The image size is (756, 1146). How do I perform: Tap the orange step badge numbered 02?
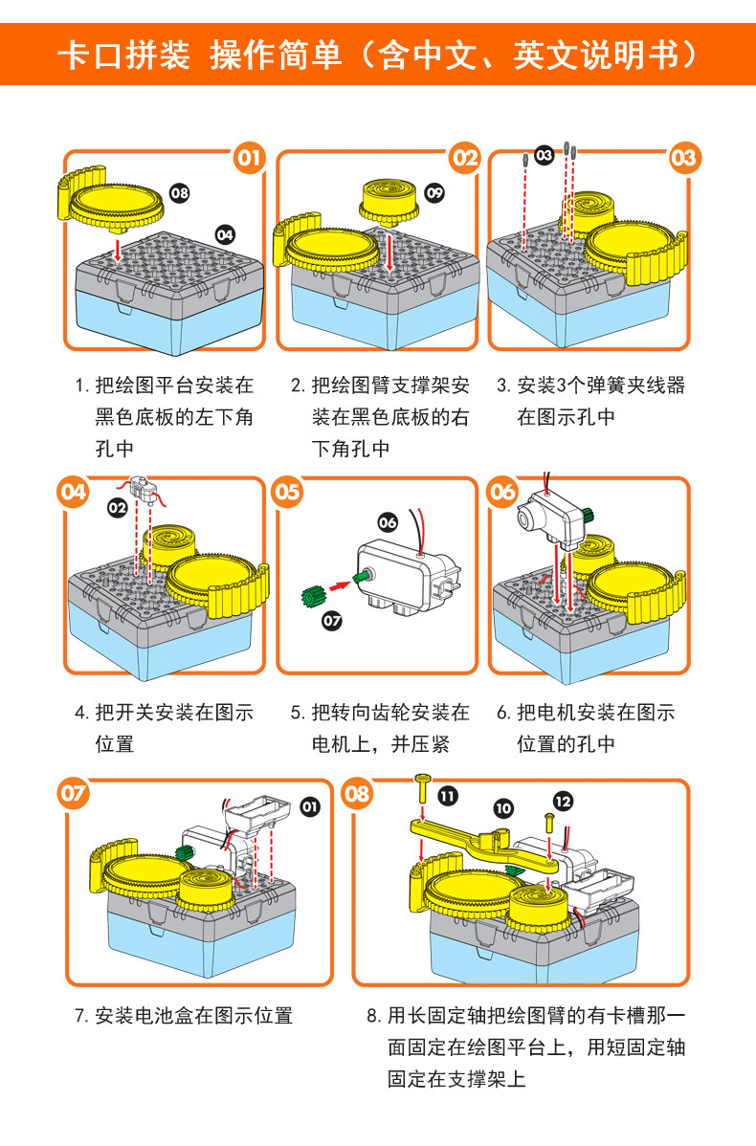click(464, 158)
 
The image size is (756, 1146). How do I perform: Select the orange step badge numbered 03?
click(684, 158)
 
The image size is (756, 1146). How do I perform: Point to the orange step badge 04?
click(74, 492)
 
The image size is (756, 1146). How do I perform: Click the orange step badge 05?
click(288, 492)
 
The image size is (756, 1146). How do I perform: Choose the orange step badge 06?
click(502, 492)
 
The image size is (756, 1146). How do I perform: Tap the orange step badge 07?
click(74, 794)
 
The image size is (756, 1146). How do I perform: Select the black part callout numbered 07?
click(331, 621)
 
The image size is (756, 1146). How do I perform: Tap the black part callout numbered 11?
click(448, 794)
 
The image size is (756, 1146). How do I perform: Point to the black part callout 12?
click(563, 800)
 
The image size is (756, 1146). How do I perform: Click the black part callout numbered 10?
click(502, 808)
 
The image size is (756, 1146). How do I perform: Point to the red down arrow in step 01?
click(117, 250)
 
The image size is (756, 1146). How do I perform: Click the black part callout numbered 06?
click(387, 522)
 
